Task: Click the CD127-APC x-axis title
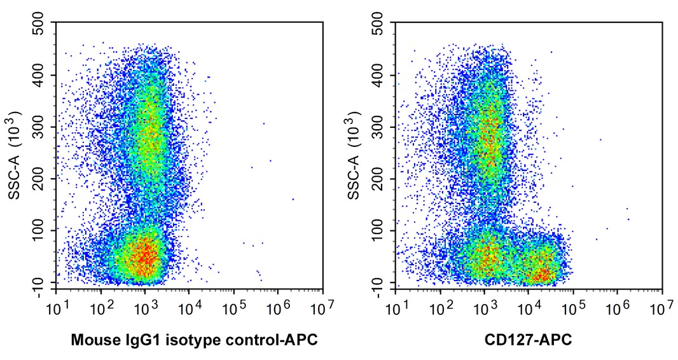[528, 340]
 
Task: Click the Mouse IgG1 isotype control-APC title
[194, 340]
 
